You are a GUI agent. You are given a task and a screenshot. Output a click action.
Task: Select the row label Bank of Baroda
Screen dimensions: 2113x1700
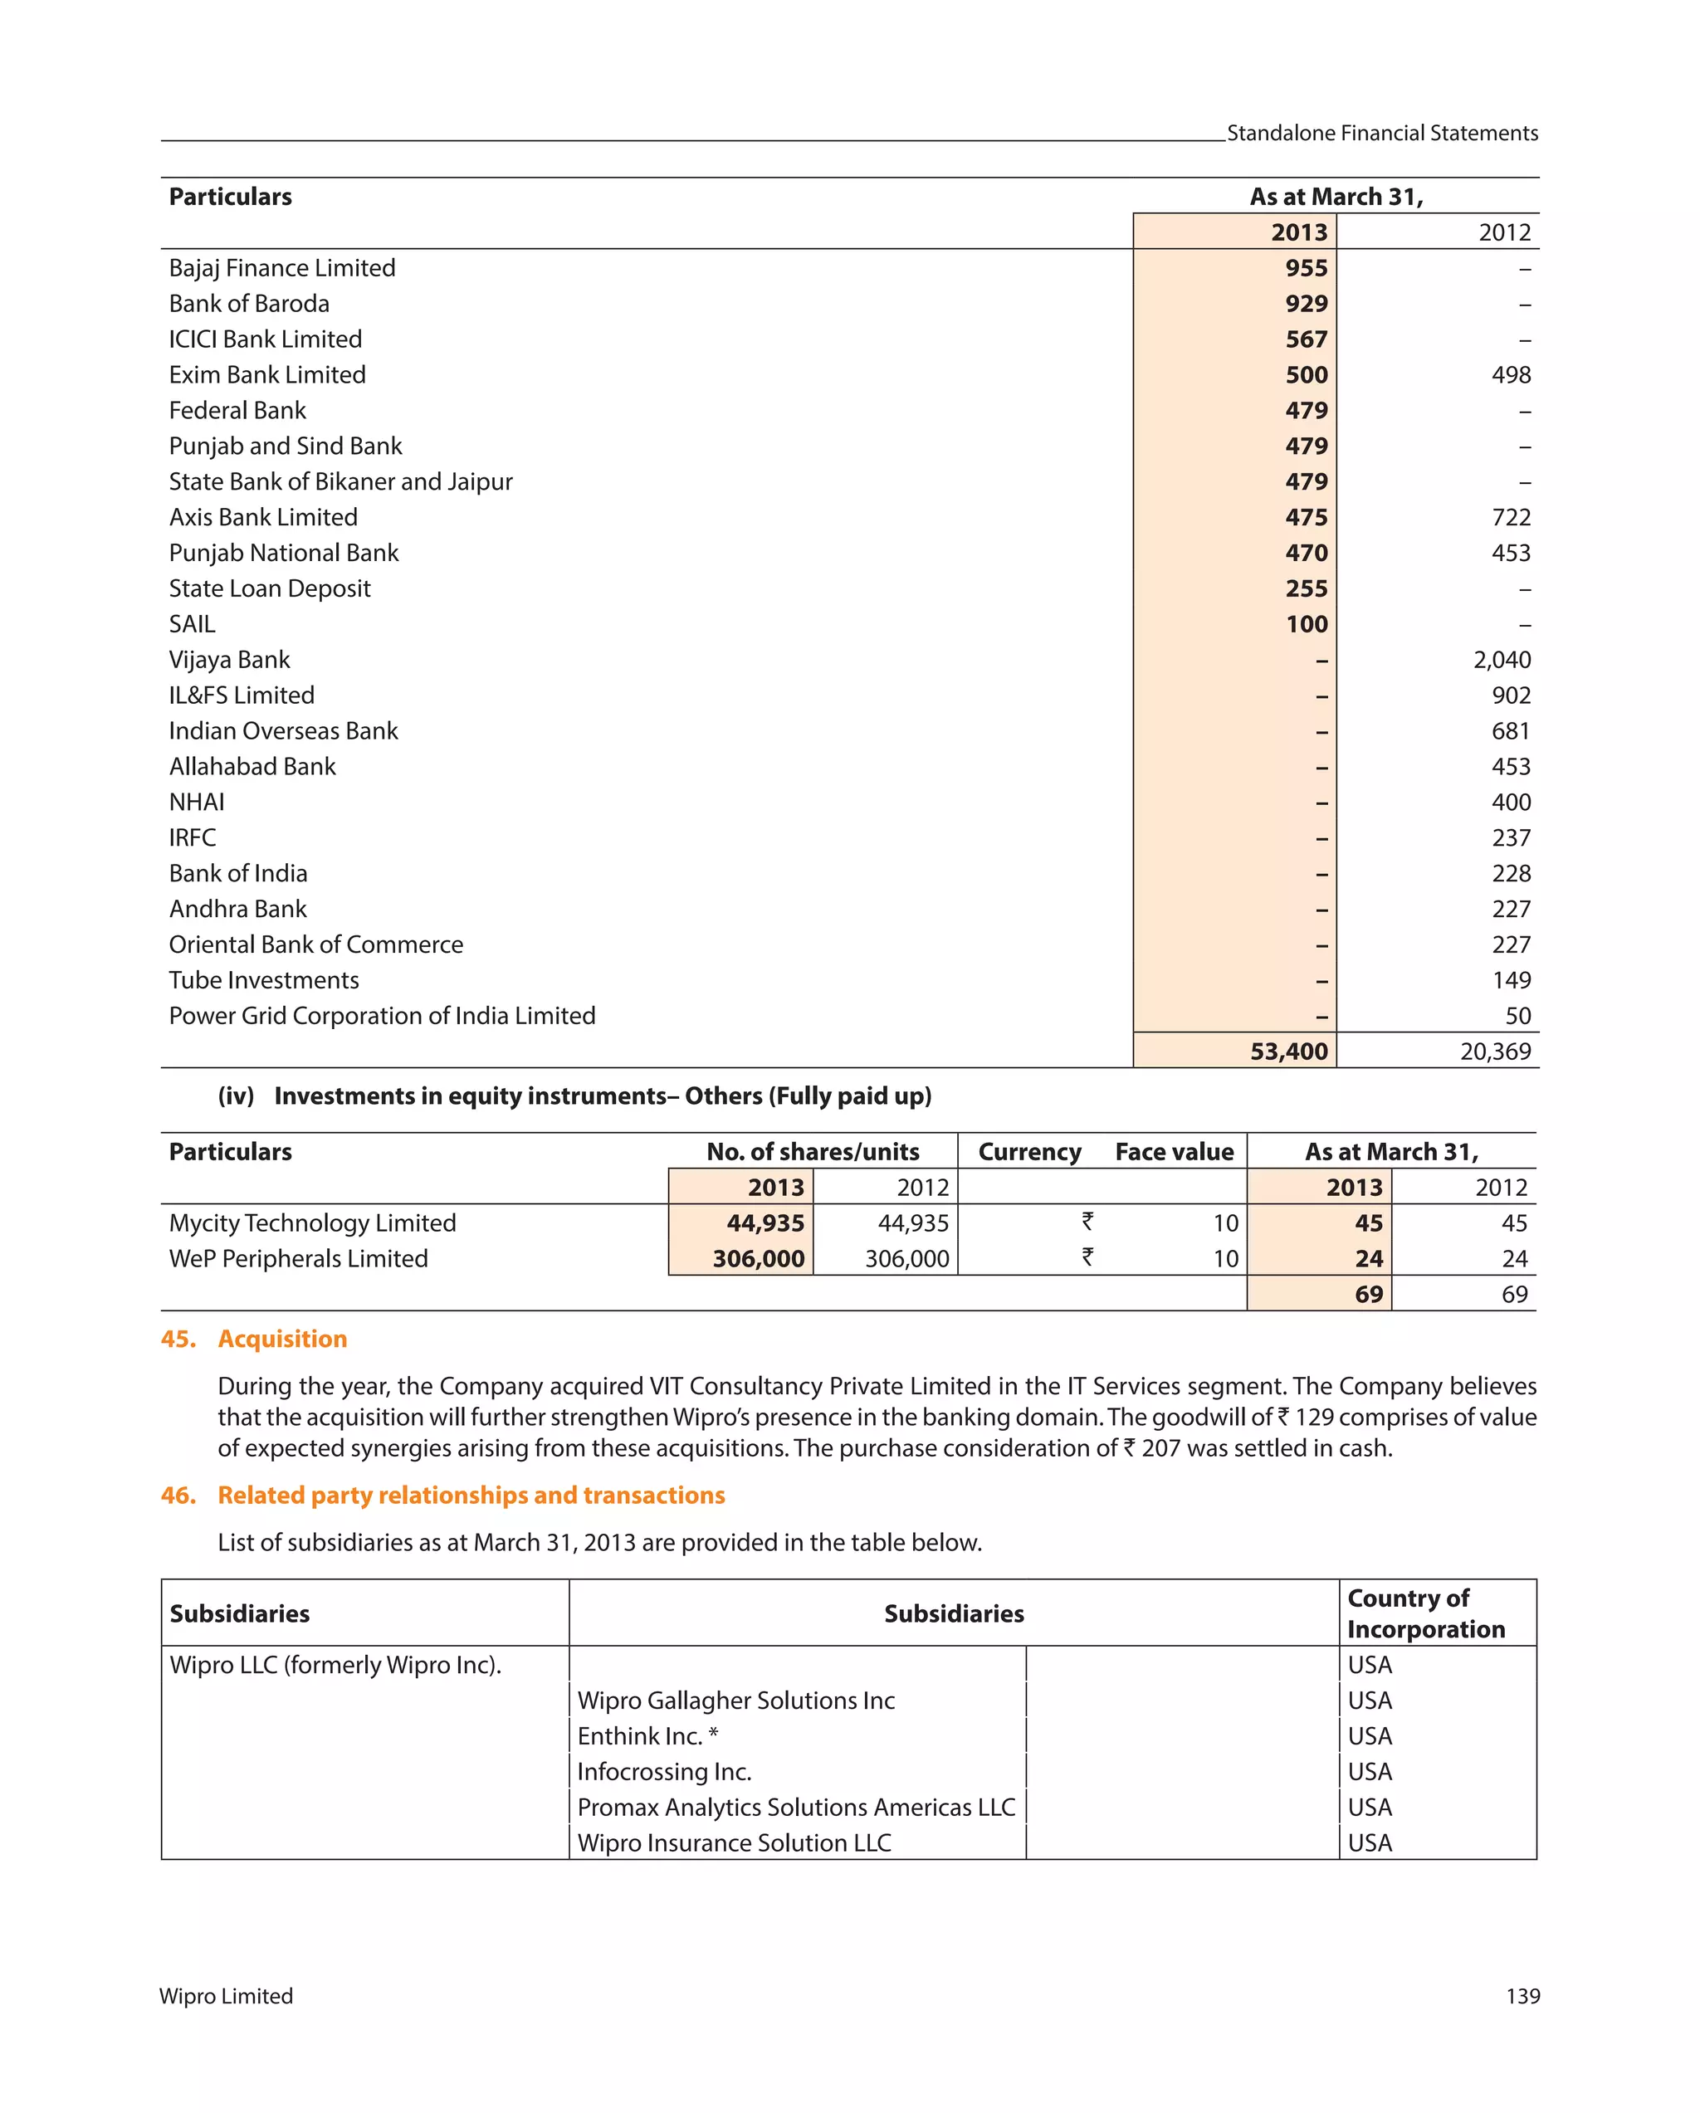pos(249,304)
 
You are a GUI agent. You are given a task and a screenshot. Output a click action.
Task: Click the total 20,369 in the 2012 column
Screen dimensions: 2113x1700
pos(1494,1052)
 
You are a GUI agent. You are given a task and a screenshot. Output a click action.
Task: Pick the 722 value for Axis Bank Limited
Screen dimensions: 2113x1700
pos(1510,518)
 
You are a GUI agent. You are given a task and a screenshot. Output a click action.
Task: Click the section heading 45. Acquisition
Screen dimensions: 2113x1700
pos(254,1339)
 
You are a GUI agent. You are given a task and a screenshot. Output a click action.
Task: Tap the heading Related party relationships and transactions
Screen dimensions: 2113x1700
pos(471,1495)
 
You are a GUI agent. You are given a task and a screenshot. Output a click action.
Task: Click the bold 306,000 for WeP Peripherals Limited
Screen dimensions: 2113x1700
pos(757,1258)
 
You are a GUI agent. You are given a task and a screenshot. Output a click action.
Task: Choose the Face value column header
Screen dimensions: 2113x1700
pos(1174,1152)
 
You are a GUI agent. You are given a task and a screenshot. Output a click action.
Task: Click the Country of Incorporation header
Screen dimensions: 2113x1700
pos(1424,1613)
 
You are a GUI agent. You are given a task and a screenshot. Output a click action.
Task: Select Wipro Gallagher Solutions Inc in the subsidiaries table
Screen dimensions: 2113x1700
pos(735,1701)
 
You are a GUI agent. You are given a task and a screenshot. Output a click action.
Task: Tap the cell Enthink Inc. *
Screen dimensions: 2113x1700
pos(647,1735)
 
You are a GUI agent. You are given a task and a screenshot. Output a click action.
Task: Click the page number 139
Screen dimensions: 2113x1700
pos(1522,1996)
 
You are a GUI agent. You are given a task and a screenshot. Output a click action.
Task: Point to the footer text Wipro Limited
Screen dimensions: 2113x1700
pos(226,1996)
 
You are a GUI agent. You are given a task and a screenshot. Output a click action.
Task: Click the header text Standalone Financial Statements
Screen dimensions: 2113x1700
pos(1381,134)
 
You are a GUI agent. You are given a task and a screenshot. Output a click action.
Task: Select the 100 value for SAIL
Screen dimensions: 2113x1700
pos(1306,624)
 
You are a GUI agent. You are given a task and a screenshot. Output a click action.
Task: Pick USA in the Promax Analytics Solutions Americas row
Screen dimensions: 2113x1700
pos(1369,1808)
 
